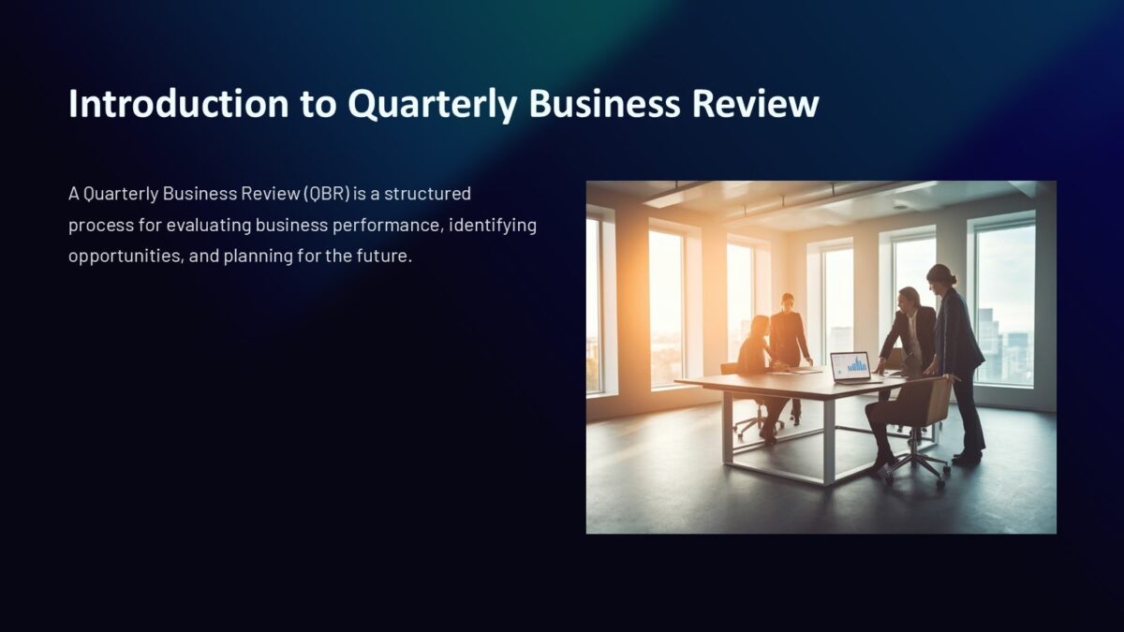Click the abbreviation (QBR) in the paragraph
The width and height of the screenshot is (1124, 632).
[x=327, y=194]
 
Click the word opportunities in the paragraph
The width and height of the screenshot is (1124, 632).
[x=124, y=256]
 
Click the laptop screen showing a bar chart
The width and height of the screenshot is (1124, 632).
[x=850, y=364]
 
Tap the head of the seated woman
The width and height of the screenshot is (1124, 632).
[x=760, y=325]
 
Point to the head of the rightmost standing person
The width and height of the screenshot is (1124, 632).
[x=939, y=275]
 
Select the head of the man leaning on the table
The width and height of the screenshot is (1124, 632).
[x=907, y=299]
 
